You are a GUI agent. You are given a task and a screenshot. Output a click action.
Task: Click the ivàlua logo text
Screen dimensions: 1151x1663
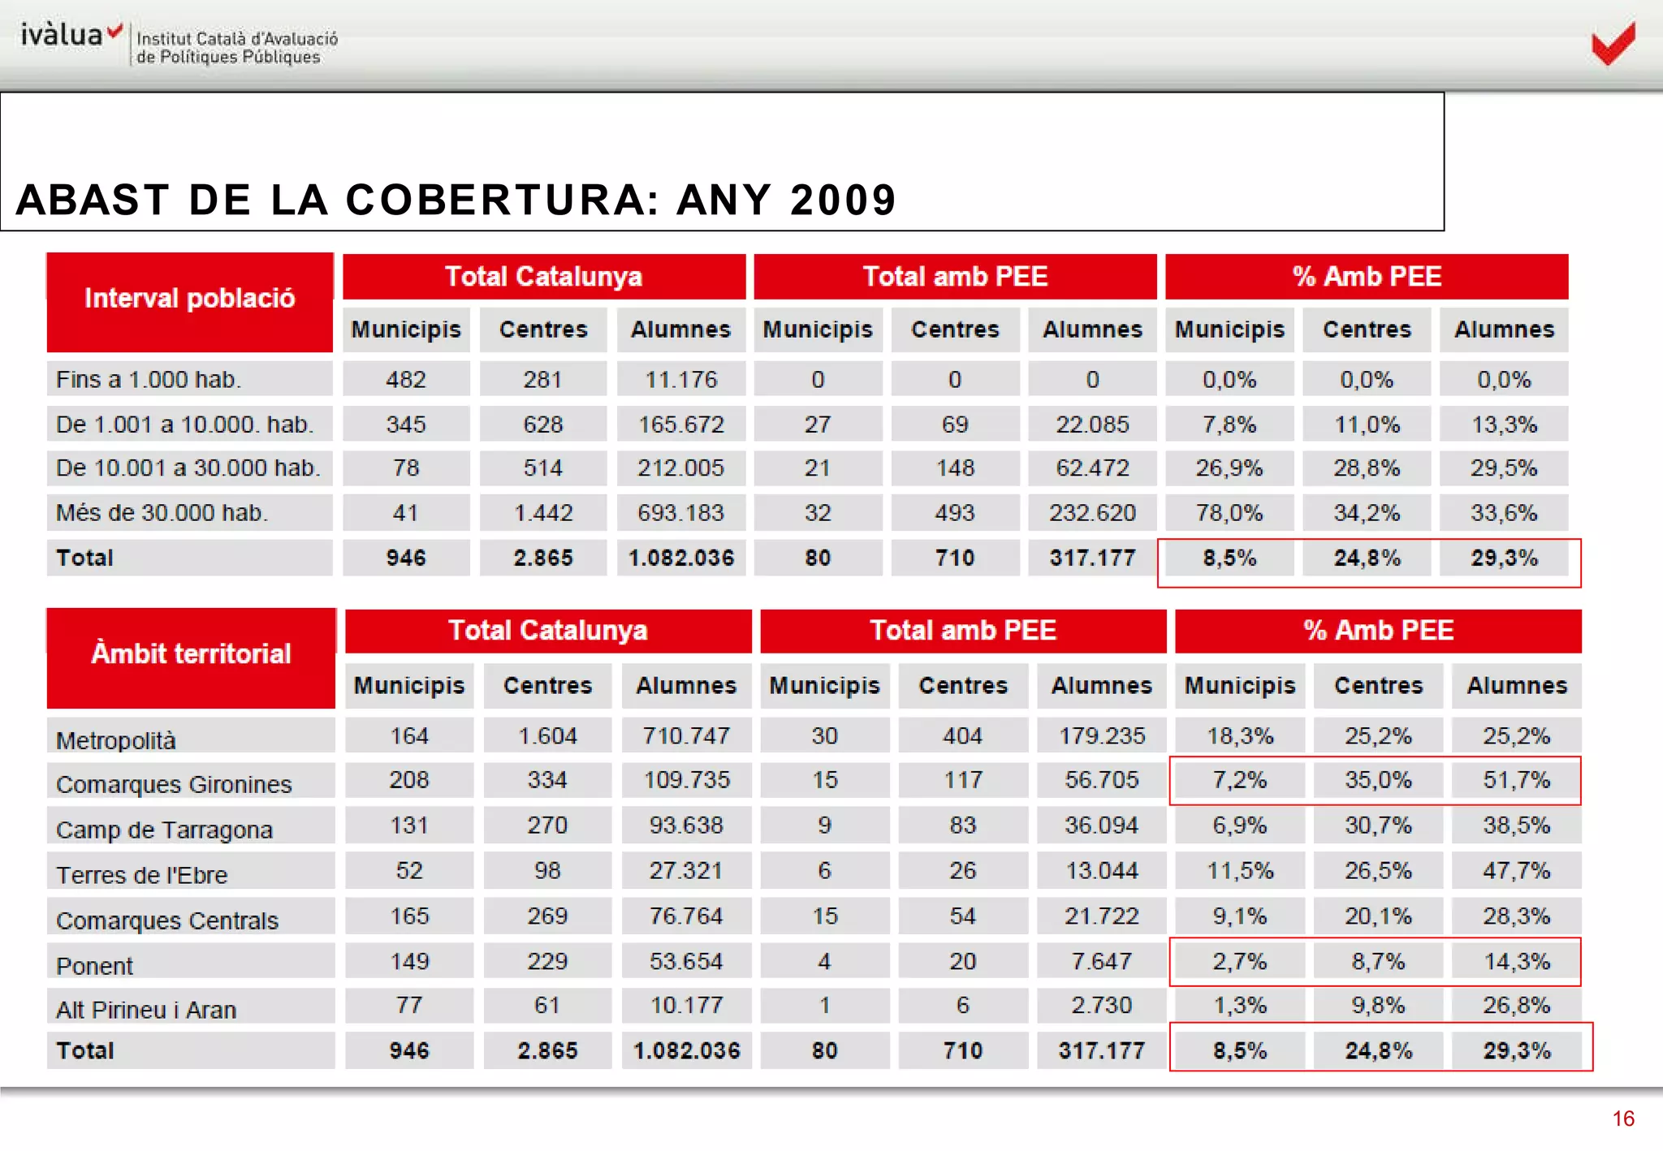(x=63, y=35)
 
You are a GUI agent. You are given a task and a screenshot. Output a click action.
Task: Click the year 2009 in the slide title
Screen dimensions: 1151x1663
(x=843, y=200)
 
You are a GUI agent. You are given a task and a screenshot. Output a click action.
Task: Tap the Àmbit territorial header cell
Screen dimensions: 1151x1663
(x=191, y=654)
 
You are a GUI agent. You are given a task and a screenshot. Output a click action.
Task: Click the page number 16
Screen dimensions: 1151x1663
(x=1622, y=1119)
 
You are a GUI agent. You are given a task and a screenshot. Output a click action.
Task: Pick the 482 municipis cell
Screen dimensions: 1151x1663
(x=406, y=379)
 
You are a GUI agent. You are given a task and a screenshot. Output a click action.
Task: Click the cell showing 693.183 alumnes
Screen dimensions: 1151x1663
(x=680, y=513)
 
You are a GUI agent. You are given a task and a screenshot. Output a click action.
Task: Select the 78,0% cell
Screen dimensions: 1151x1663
(x=1229, y=513)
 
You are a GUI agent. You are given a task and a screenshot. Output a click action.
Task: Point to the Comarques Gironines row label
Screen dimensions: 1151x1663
(x=174, y=784)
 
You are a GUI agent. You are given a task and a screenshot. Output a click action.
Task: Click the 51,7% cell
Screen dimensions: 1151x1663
(x=1516, y=780)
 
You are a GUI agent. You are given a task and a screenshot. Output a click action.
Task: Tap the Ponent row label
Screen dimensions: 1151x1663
(x=94, y=966)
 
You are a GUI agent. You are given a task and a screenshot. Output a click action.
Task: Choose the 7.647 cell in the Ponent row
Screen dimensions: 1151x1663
(x=1101, y=961)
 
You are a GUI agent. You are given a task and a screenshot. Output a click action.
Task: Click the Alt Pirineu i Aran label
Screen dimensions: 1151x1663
(x=146, y=1010)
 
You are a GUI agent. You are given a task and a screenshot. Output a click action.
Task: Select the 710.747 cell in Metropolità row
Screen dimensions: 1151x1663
(x=686, y=735)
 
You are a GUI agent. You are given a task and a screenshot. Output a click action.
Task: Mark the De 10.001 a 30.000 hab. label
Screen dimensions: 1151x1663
(x=188, y=468)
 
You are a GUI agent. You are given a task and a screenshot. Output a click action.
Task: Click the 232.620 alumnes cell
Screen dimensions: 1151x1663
(x=1092, y=513)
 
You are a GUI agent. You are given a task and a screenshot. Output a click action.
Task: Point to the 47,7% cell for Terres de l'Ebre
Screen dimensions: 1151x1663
(x=1516, y=871)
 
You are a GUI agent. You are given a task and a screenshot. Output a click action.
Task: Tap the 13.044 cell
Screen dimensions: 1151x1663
(x=1101, y=871)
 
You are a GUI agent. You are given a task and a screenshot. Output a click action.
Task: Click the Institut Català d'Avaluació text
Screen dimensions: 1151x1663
(x=237, y=38)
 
